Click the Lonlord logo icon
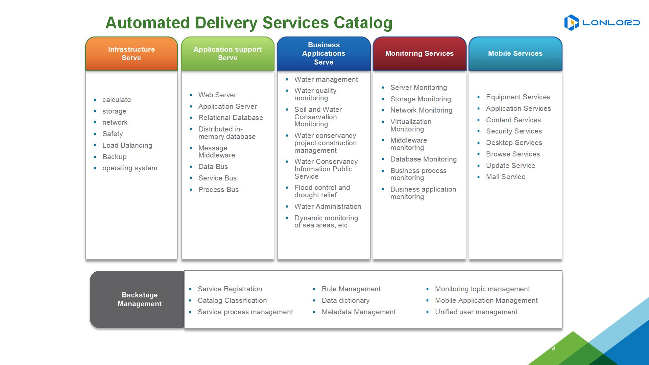point(571,23)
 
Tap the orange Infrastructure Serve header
point(131,54)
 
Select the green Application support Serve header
point(227,54)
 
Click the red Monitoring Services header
point(419,54)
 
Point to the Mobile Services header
point(515,54)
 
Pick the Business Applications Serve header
point(324,54)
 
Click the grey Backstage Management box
point(139,299)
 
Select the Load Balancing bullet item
point(127,145)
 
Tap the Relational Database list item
point(231,118)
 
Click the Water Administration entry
point(328,206)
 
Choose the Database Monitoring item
point(423,159)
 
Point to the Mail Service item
point(506,177)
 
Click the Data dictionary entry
point(345,300)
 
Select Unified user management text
point(476,312)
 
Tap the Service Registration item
point(230,289)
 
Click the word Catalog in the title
point(363,23)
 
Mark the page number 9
point(553,348)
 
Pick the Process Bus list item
point(218,190)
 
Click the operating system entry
point(130,168)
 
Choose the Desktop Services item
point(514,143)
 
